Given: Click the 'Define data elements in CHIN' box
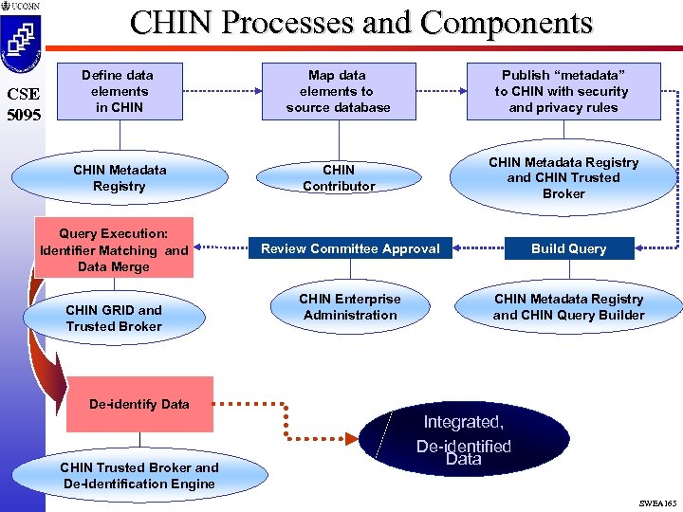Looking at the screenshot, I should point(118,91).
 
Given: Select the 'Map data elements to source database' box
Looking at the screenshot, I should point(338,91).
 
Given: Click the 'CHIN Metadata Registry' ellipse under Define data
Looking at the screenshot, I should point(119,177).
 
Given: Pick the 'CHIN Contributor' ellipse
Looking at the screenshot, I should point(339,177).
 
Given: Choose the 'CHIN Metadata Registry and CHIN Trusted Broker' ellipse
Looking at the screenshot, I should point(563,177).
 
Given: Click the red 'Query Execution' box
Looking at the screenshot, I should point(114,248).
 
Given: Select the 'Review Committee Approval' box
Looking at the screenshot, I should point(350,248).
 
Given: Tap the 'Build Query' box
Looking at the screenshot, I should point(568,248).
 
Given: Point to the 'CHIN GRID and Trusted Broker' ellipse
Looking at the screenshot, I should point(114,318).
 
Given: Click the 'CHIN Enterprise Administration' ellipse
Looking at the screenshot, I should point(350,307).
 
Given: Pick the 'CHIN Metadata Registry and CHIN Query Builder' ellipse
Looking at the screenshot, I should point(568,307).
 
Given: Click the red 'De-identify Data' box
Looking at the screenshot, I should point(139,404).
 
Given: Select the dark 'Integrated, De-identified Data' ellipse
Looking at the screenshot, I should point(464,439).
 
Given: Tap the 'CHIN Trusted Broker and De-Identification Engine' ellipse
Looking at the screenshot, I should point(139,475).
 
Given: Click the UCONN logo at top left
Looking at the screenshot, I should point(22,38).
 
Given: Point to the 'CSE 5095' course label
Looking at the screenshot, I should point(21,105).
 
